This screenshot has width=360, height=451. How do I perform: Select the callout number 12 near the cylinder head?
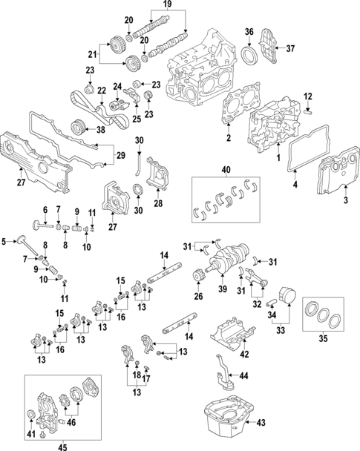(308, 95)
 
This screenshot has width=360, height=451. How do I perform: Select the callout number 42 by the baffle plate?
(244, 355)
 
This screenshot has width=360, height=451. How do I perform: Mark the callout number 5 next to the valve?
(4, 240)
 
